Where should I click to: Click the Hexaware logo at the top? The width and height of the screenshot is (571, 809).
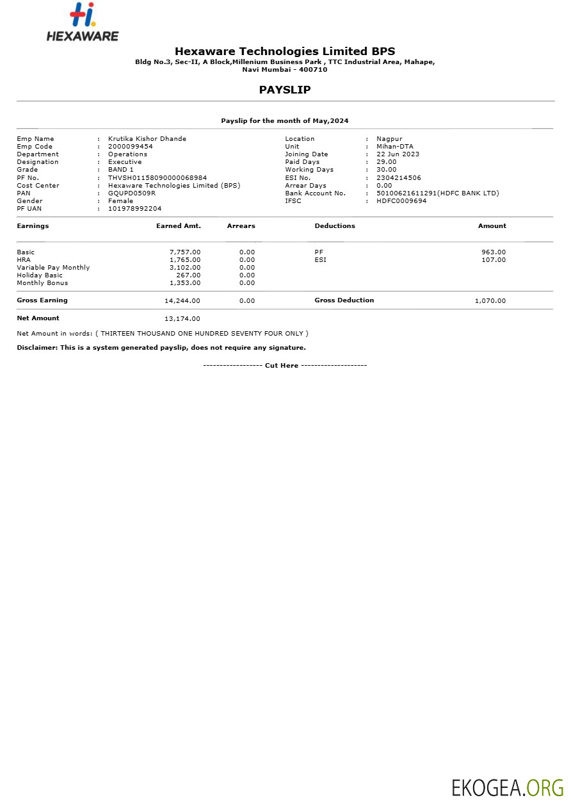click(83, 22)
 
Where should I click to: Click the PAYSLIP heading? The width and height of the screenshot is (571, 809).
click(285, 90)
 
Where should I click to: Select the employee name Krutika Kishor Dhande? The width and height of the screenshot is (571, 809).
click(147, 139)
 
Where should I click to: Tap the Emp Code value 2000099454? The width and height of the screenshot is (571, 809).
click(131, 147)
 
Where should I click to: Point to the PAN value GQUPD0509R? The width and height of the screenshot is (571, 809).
click(132, 193)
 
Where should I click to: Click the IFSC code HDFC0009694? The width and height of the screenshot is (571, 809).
click(401, 201)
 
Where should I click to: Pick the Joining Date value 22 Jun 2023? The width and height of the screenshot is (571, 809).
click(398, 154)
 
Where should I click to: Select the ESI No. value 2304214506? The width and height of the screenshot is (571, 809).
click(399, 178)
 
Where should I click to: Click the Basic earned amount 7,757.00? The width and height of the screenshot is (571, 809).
click(185, 252)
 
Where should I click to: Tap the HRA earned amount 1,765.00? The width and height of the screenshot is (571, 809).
click(185, 260)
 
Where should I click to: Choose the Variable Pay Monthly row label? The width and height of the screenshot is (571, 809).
click(53, 268)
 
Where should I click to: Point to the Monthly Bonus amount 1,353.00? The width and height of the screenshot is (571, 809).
click(185, 283)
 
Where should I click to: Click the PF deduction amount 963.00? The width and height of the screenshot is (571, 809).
click(494, 252)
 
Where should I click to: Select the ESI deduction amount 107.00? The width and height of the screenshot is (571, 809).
click(494, 260)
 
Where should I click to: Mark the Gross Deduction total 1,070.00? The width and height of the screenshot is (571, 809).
click(490, 301)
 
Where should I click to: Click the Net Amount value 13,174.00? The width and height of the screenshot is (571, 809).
click(182, 319)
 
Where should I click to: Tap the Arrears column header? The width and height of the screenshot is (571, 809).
click(241, 226)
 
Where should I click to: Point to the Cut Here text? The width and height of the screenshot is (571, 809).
click(282, 366)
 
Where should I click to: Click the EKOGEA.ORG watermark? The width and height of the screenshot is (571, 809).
click(508, 787)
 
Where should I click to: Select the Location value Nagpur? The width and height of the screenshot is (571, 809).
click(389, 139)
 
